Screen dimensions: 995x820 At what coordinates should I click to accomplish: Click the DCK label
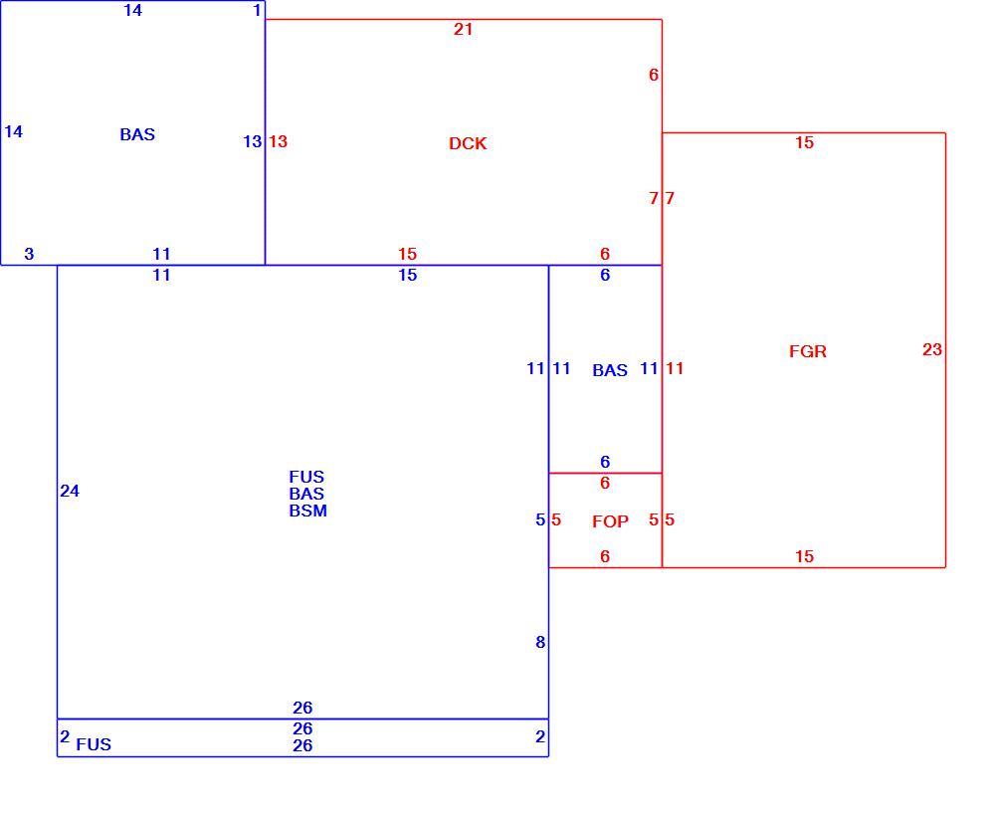(x=468, y=143)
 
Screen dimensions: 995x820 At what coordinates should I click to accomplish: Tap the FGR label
(x=808, y=351)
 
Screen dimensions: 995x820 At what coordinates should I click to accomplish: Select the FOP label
(x=611, y=521)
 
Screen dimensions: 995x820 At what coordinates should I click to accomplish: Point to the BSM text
(x=308, y=511)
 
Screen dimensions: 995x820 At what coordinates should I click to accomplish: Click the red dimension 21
(x=464, y=29)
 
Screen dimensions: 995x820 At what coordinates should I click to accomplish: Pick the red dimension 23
(x=932, y=349)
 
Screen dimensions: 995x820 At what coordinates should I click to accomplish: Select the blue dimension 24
(x=70, y=491)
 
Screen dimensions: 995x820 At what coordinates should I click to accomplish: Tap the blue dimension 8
(x=540, y=642)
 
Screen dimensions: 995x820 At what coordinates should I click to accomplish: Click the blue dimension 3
(x=29, y=254)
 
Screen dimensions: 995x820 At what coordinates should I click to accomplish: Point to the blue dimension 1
(x=257, y=10)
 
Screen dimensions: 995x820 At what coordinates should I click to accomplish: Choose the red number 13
(x=278, y=141)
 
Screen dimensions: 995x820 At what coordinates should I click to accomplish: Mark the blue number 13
(x=253, y=141)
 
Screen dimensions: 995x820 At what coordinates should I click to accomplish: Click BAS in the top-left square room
(x=137, y=134)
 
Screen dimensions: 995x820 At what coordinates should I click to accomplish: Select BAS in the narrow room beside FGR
(x=610, y=370)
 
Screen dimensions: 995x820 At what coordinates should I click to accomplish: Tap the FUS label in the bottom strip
(x=94, y=744)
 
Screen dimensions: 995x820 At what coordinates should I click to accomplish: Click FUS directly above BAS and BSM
(x=306, y=477)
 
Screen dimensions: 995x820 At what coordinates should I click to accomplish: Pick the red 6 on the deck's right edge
(x=654, y=75)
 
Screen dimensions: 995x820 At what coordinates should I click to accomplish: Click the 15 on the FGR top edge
(x=805, y=142)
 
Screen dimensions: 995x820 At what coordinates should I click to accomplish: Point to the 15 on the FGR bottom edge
(x=805, y=556)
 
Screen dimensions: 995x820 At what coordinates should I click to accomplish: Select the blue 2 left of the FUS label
(x=65, y=736)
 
